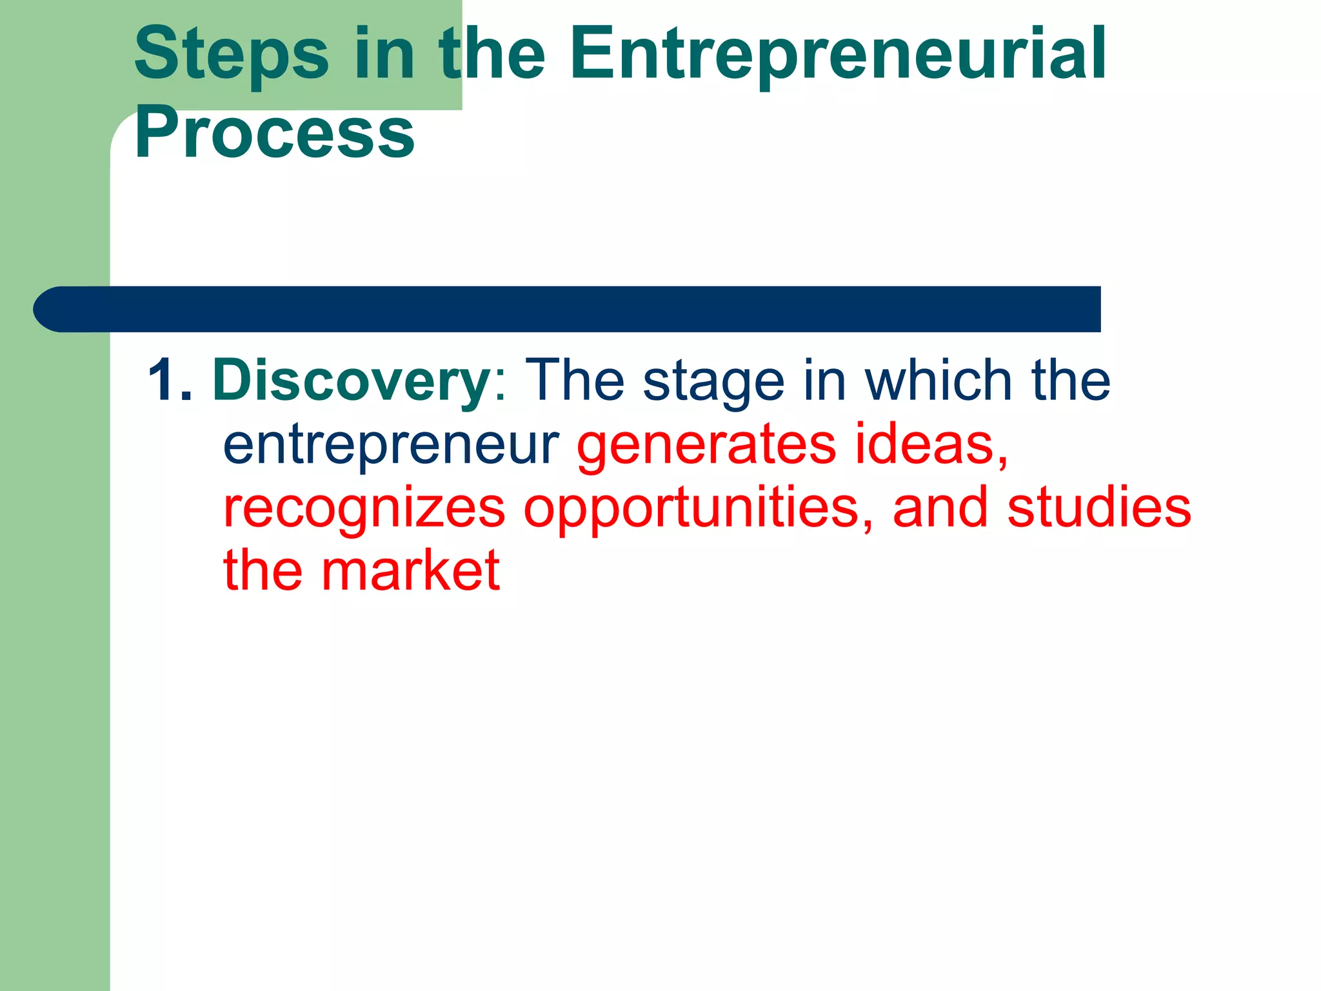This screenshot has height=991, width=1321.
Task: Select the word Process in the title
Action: (x=275, y=134)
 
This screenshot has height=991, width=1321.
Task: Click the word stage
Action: (x=713, y=382)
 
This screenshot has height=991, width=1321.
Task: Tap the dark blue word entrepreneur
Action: (x=391, y=445)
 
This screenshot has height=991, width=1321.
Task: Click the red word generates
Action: (x=706, y=445)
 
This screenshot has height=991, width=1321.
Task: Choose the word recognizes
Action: (x=364, y=508)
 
